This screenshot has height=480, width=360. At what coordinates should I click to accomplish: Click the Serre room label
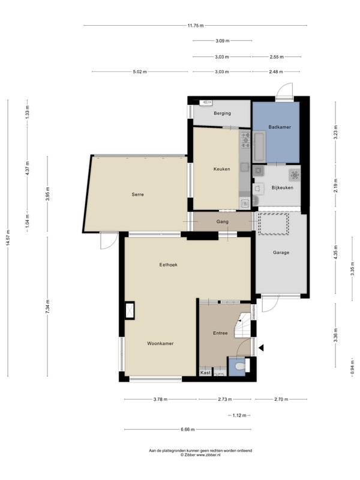(x=138, y=194)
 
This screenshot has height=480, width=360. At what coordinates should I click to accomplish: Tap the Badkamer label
(x=280, y=127)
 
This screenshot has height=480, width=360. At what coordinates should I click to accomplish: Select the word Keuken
(x=221, y=169)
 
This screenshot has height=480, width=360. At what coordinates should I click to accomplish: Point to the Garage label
(x=281, y=253)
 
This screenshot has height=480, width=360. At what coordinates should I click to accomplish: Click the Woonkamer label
(x=160, y=343)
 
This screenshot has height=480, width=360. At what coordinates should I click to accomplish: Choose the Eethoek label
(x=169, y=265)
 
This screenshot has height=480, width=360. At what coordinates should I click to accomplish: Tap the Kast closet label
(x=205, y=373)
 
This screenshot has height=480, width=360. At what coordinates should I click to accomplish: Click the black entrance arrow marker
(x=261, y=347)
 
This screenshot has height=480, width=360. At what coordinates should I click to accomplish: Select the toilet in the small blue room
(x=241, y=366)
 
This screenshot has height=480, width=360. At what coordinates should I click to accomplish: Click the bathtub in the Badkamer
(x=259, y=146)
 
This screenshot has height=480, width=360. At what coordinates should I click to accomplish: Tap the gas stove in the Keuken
(x=245, y=140)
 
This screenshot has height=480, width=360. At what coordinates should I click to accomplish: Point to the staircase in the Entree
(x=243, y=325)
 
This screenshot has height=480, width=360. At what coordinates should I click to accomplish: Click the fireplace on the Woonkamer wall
(x=130, y=310)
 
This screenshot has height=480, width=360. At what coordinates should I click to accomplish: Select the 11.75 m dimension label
(x=196, y=26)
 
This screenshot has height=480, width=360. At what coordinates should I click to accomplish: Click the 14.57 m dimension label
(x=8, y=238)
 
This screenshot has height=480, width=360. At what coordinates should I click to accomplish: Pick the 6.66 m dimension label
(x=188, y=430)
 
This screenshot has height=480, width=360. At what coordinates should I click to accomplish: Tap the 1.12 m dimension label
(x=239, y=415)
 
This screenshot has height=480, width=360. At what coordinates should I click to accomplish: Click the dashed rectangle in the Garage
(x=274, y=224)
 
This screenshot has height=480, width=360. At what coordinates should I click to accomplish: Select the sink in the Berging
(x=206, y=102)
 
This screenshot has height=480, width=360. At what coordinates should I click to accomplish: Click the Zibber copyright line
(x=200, y=455)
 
